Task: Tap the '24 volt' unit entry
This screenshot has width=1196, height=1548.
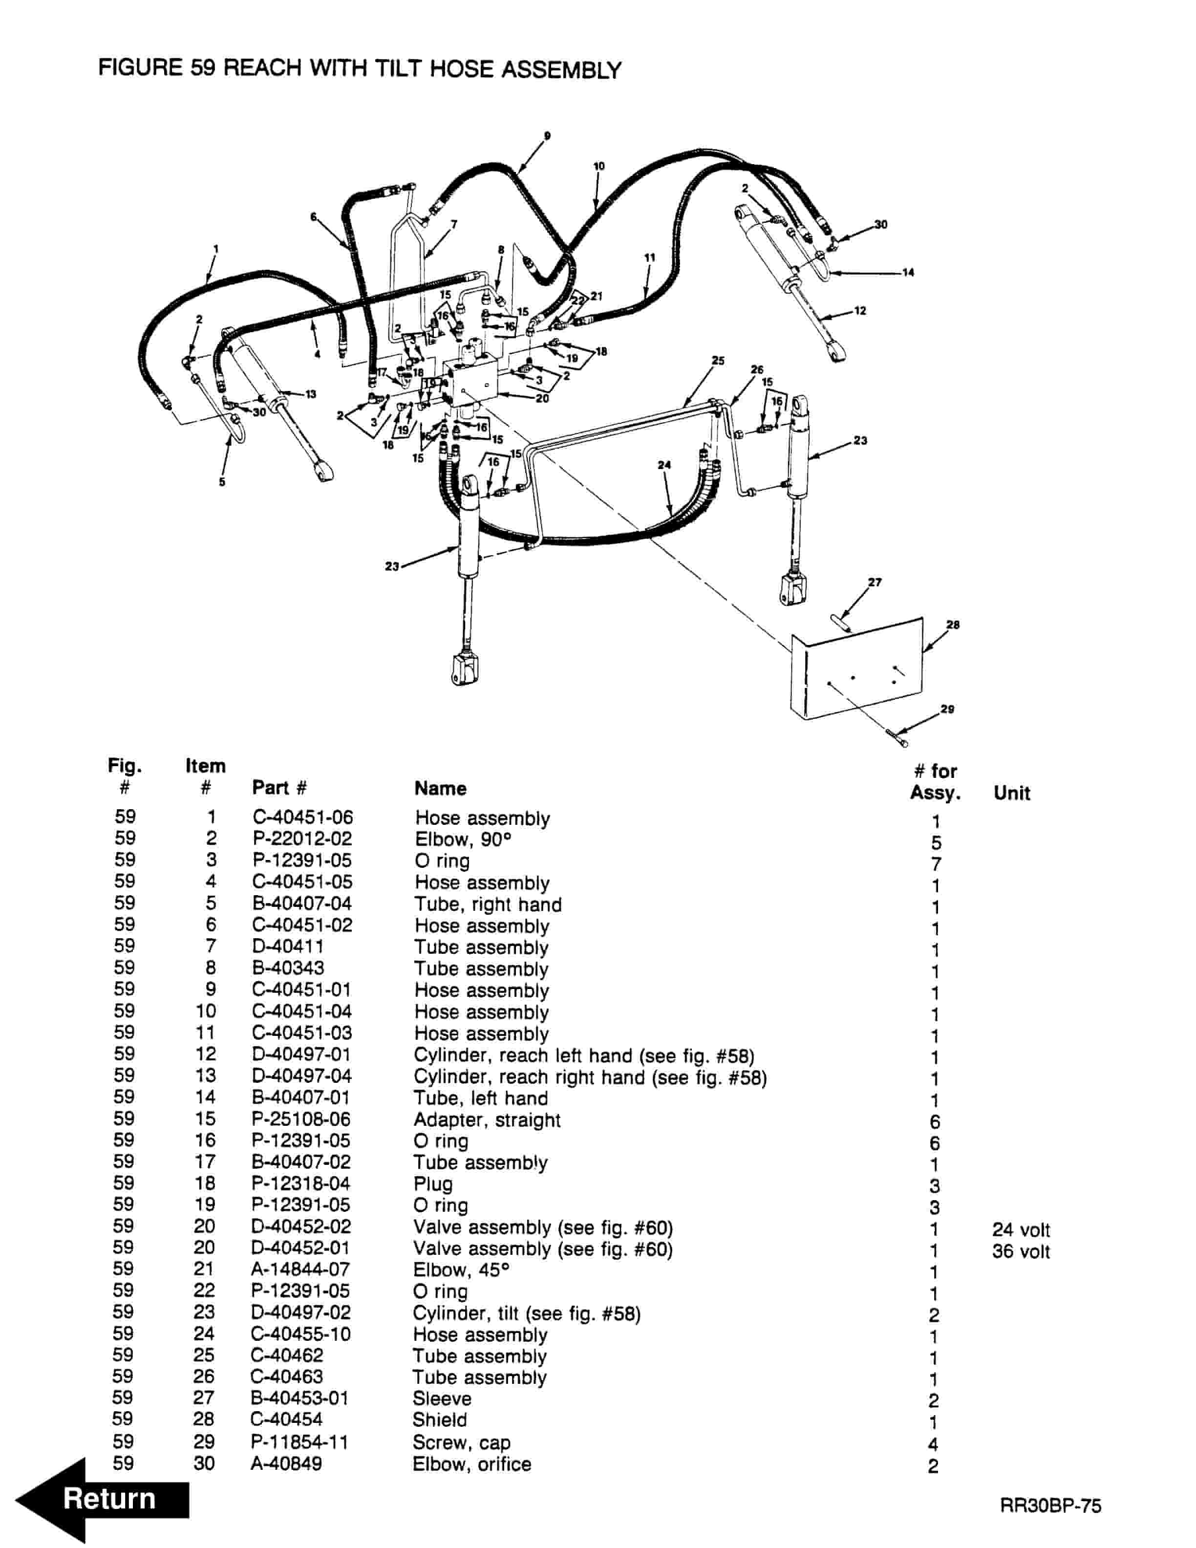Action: pyautogui.click(x=1020, y=1230)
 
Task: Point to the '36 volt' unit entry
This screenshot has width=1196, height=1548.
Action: pyautogui.click(x=1020, y=1251)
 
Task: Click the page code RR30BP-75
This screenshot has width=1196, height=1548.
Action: pyautogui.click(x=1050, y=1505)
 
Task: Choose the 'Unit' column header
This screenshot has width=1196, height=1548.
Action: pyautogui.click(x=1011, y=793)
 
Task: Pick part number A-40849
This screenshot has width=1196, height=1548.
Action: pyautogui.click(x=286, y=1463)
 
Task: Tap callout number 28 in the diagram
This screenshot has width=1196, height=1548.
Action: pyautogui.click(x=953, y=624)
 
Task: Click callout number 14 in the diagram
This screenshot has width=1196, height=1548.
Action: pyautogui.click(x=908, y=272)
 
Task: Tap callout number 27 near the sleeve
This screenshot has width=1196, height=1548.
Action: pyautogui.click(x=875, y=582)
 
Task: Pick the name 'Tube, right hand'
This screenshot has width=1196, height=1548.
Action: pyautogui.click(x=488, y=904)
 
